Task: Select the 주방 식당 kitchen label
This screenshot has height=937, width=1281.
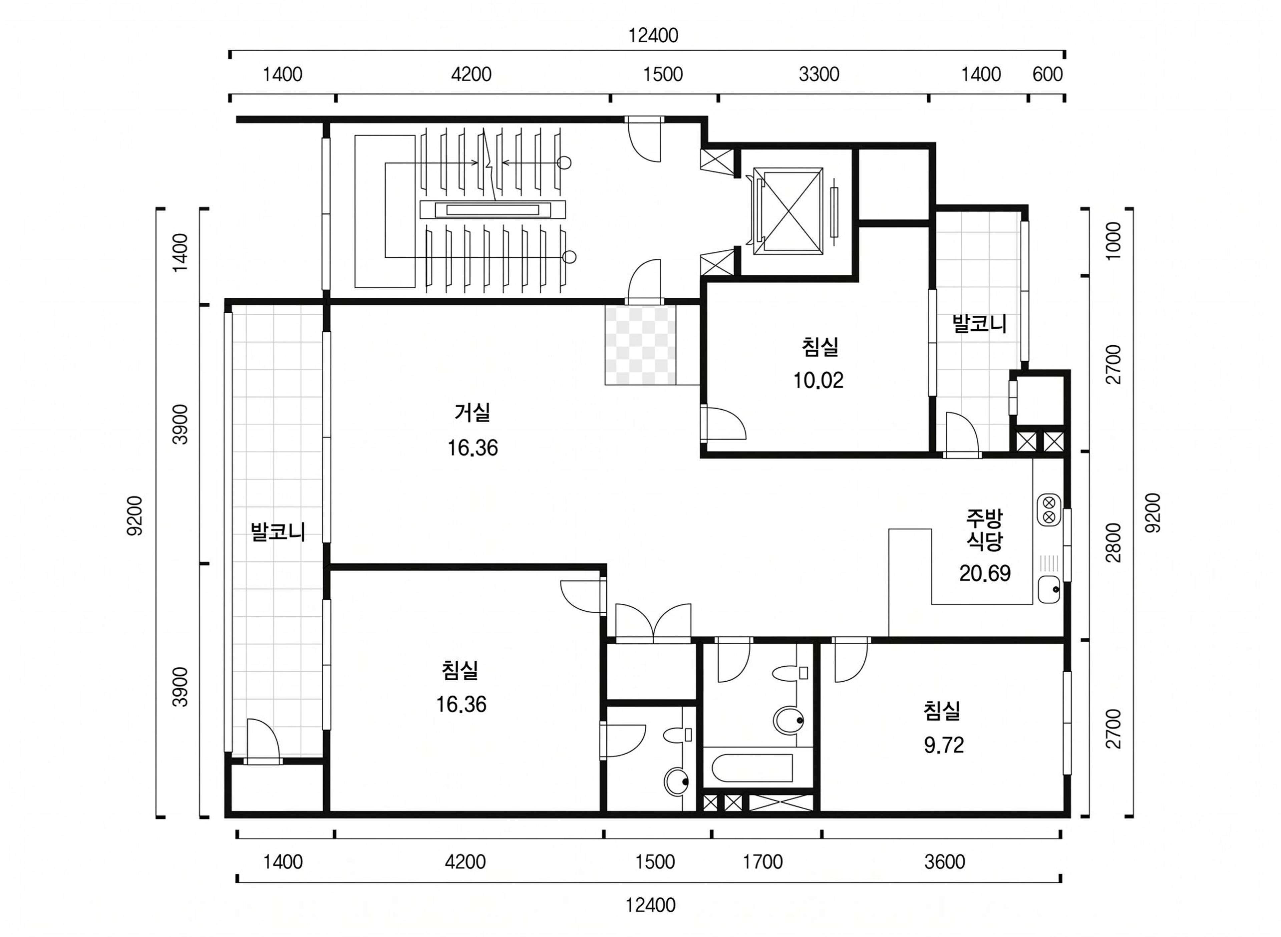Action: coord(985,530)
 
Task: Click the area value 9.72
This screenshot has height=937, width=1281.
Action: coord(944,745)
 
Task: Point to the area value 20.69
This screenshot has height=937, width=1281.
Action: coord(985,573)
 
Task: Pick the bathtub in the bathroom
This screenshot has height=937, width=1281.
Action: coord(748,768)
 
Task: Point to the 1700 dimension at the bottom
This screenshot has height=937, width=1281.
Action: coord(763,862)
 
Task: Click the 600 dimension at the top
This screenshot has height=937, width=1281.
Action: coord(1047,74)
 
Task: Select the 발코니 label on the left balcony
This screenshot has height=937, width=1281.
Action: coord(278,531)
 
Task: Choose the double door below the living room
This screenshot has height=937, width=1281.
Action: coord(653,624)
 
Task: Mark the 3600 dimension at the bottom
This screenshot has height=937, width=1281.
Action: coord(944,862)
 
